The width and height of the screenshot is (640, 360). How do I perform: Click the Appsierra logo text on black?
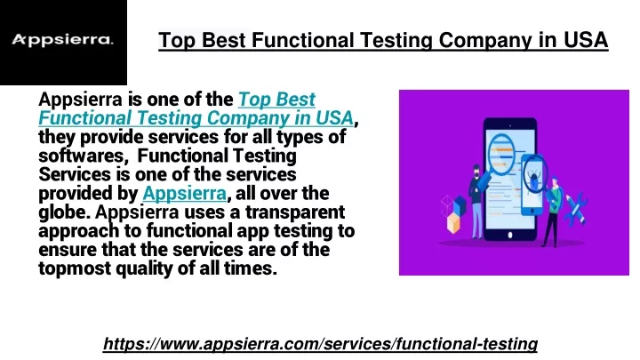tap(62, 40)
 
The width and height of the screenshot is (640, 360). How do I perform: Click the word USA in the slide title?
tap(586, 40)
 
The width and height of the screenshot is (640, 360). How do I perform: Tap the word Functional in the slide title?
tap(302, 40)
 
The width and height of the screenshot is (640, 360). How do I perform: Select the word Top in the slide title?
tap(177, 41)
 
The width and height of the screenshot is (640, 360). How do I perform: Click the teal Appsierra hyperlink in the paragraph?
tap(185, 194)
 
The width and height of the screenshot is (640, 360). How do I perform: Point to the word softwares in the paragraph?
tap(81, 156)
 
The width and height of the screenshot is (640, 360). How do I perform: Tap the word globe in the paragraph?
tap(65, 212)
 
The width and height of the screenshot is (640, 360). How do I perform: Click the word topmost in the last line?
tap(75, 269)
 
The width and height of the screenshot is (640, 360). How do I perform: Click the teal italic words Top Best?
tap(276, 100)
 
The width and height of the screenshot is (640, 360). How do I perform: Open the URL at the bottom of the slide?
tap(320, 344)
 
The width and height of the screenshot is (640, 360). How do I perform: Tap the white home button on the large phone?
tap(510, 235)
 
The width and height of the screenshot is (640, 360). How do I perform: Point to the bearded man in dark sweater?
tap(476, 201)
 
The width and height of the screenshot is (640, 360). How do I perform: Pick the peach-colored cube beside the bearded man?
tap(453, 223)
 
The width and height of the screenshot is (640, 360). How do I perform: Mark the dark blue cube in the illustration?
tap(460, 205)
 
